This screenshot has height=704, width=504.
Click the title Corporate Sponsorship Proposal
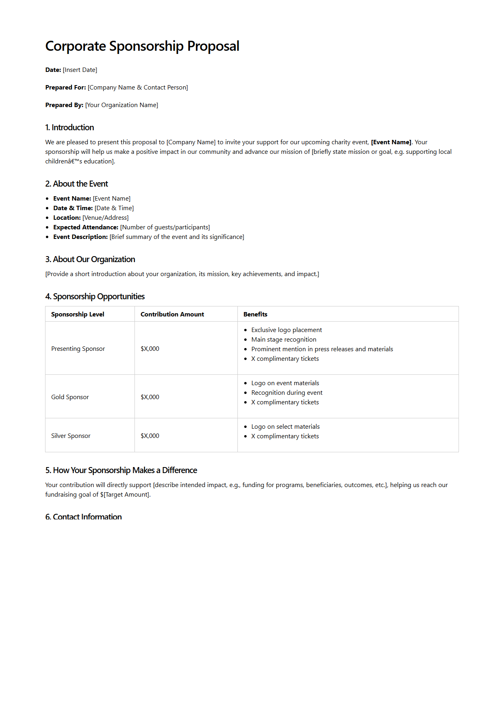pyautogui.click(x=142, y=46)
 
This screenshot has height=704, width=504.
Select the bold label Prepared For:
pyautogui.click(x=65, y=88)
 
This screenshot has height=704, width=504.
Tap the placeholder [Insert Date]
pyautogui.click(x=80, y=70)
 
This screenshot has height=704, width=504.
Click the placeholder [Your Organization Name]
pyautogui.click(x=122, y=105)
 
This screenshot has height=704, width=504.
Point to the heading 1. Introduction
pyautogui.click(x=69, y=127)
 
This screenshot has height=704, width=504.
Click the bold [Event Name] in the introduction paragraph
pyautogui.click(x=391, y=142)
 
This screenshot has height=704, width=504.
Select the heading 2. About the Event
pyautogui.click(x=77, y=184)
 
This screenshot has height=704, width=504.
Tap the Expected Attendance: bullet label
pyautogui.click(x=86, y=227)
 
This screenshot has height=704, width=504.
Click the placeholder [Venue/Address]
pyautogui.click(x=105, y=218)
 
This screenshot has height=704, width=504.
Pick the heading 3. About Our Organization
pyautogui.click(x=90, y=259)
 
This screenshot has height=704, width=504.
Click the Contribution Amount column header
pyautogui.click(x=172, y=314)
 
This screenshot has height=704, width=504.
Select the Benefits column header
pyautogui.click(x=255, y=314)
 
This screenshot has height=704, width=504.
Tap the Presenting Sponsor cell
pyautogui.click(x=78, y=349)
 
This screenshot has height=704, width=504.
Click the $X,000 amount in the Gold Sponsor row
pyautogui.click(x=150, y=397)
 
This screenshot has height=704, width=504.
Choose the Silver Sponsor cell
pyautogui.click(x=71, y=436)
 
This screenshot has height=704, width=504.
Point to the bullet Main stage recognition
pyautogui.click(x=284, y=340)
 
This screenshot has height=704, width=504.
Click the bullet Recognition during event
pyautogui.click(x=287, y=393)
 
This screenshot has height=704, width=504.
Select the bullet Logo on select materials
pyautogui.click(x=285, y=427)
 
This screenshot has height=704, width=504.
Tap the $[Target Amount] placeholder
pyautogui.click(x=125, y=495)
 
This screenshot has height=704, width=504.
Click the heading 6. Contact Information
pyautogui.click(x=83, y=517)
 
